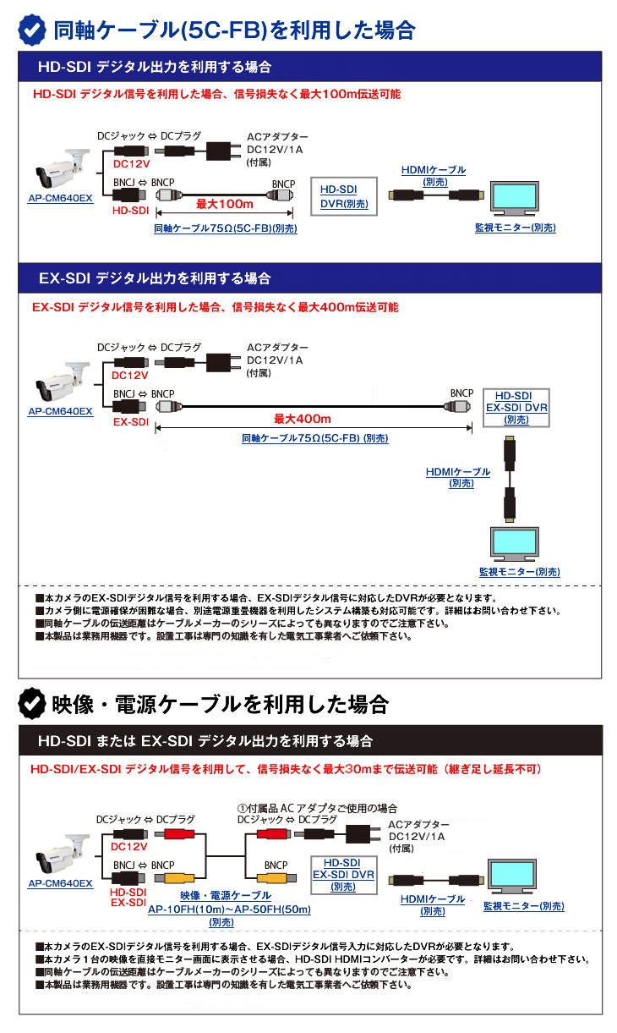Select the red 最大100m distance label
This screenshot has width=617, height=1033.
tap(225, 204)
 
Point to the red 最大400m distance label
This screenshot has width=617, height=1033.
tap(303, 419)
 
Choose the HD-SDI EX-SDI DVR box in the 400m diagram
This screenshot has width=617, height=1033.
tap(516, 407)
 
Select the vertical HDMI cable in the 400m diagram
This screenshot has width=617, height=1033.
tap(509, 479)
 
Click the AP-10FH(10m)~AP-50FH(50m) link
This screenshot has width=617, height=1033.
tap(229, 909)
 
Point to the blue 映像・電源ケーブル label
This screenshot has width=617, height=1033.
tap(226, 895)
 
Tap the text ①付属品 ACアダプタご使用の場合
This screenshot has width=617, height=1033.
tap(317, 808)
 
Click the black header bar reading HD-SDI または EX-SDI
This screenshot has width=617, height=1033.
tap(310, 740)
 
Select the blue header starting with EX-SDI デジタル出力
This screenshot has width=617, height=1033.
tap(310, 277)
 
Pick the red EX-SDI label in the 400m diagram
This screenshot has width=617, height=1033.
tap(131, 420)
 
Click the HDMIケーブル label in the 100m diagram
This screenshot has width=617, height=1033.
tap(434, 170)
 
